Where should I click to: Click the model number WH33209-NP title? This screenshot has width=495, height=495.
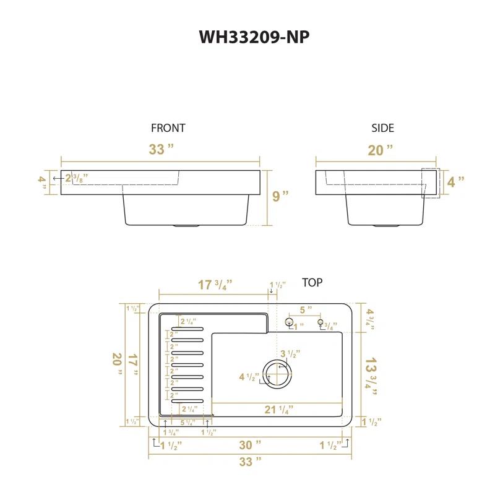pyautogui.click(x=254, y=37)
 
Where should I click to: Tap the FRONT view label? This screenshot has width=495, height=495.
pyautogui.click(x=168, y=128)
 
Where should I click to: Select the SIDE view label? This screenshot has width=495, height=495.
pyautogui.click(x=382, y=128)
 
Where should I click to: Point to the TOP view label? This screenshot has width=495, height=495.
pyautogui.click(x=312, y=283)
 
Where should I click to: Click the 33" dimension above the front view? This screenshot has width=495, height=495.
pyautogui.click(x=161, y=150)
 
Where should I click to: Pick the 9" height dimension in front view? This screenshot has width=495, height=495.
pyautogui.click(x=280, y=197)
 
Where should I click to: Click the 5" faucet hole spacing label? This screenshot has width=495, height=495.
pyautogui.click(x=306, y=309)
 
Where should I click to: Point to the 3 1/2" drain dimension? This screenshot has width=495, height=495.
pyautogui.click(x=290, y=355)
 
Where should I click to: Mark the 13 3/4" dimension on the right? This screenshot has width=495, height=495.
pyautogui.click(x=371, y=371)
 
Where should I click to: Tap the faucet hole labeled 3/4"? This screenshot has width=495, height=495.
pyautogui.click(x=321, y=322)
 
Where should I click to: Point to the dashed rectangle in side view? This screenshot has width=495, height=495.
pyautogui.click(x=430, y=183)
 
